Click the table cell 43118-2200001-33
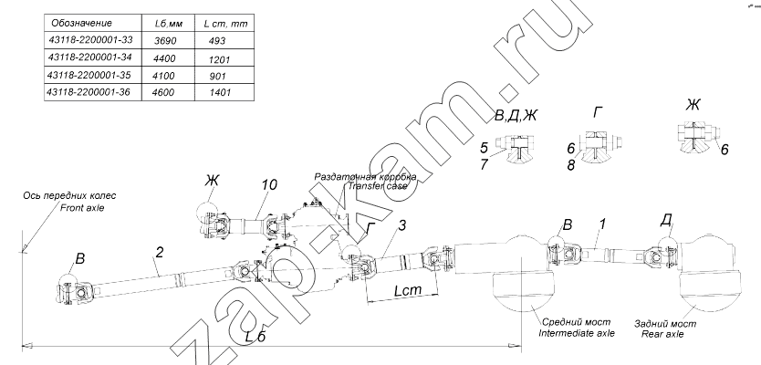click(x=91, y=40)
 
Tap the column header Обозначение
click(x=81, y=23)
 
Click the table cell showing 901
click(x=217, y=77)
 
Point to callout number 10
click(x=268, y=184)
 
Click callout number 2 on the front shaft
click(x=160, y=253)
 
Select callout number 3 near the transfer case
click(x=401, y=225)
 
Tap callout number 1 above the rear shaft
click(x=602, y=224)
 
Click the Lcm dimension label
click(x=408, y=290)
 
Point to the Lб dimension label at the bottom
click(x=255, y=336)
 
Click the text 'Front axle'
click(x=82, y=208)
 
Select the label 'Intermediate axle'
click(x=577, y=333)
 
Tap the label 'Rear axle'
click(x=662, y=334)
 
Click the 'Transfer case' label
click(x=377, y=185)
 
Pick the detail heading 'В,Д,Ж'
click(x=516, y=116)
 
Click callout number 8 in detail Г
click(x=571, y=165)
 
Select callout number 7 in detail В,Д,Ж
click(x=484, y=164)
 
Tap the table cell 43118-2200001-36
click(x=89, y=91)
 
